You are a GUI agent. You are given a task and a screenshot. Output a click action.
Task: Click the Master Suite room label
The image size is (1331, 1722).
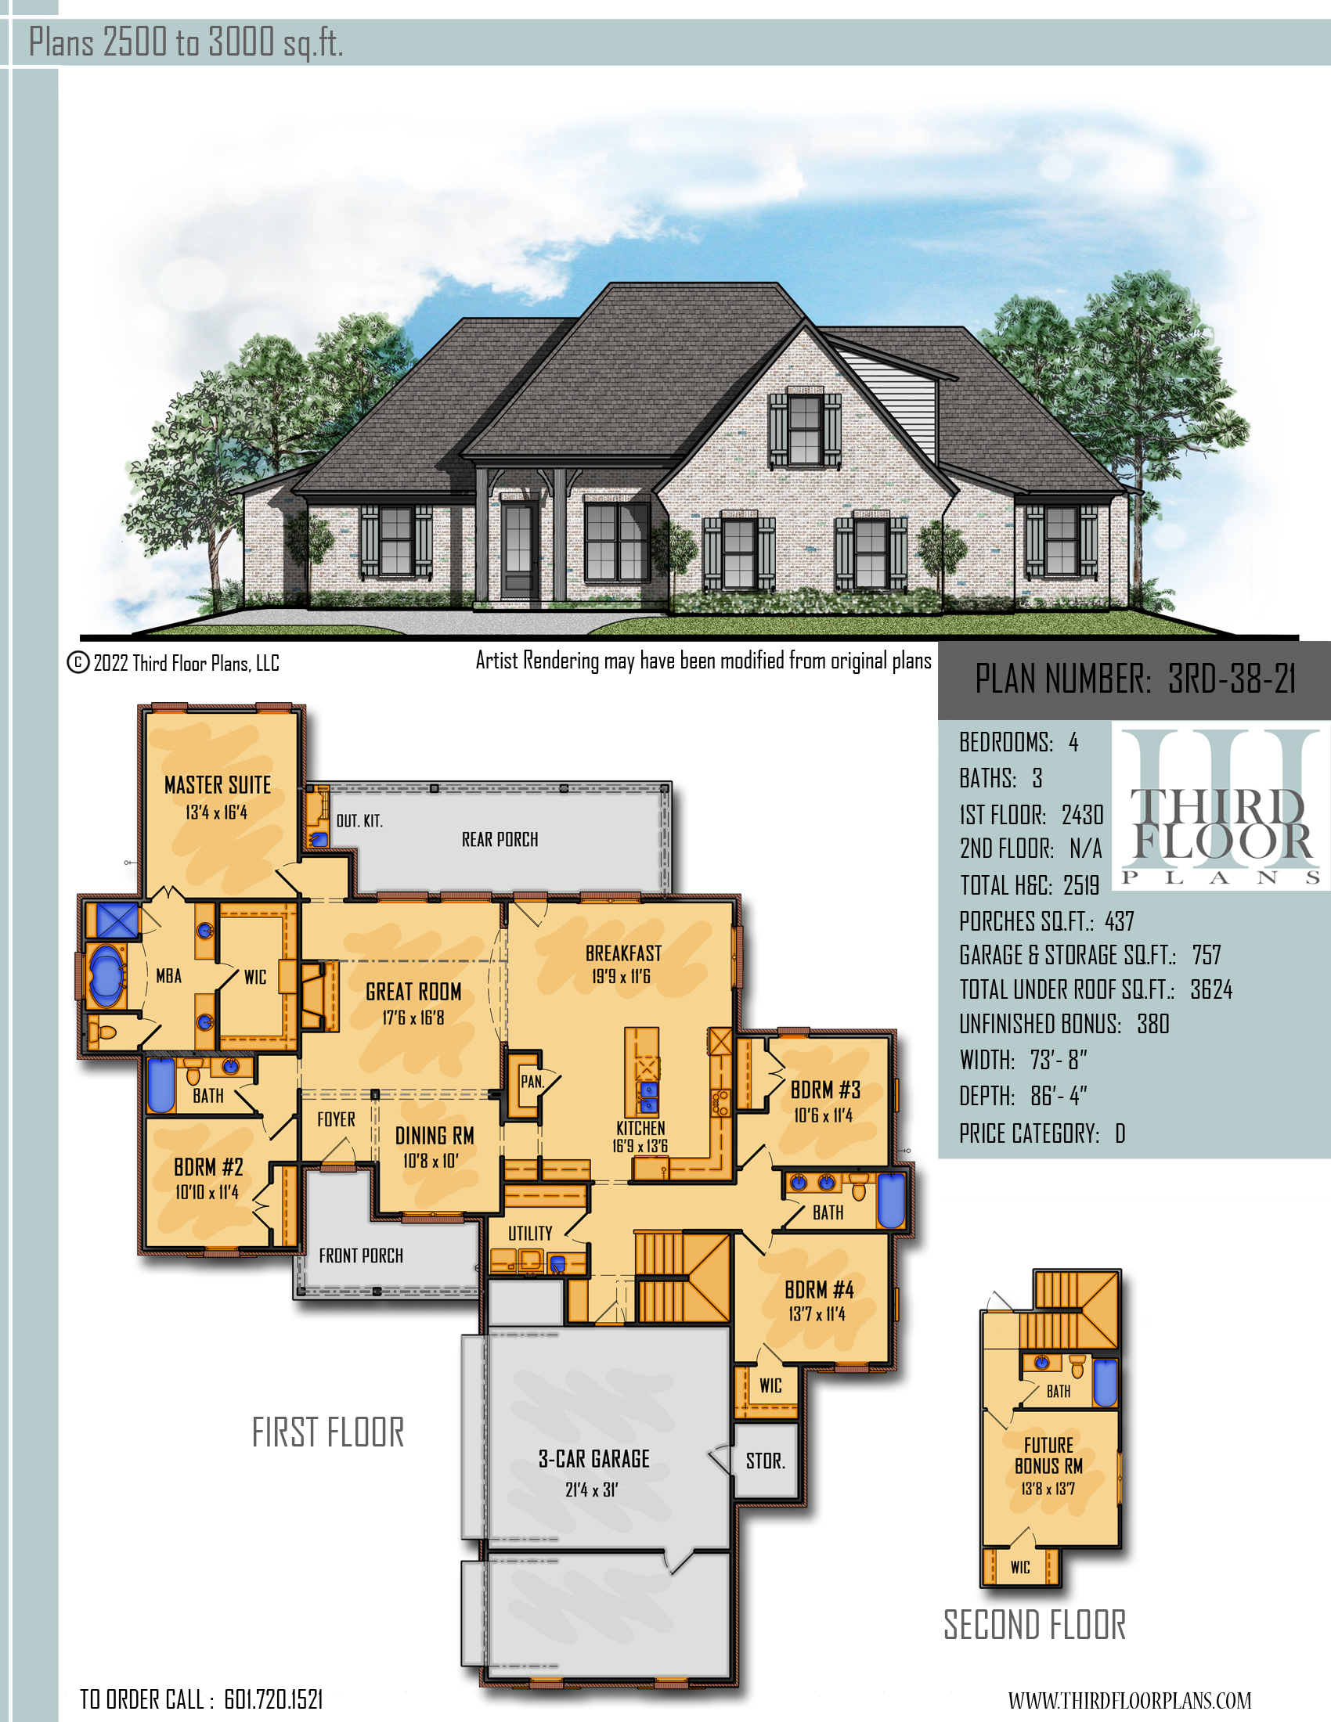point(218,784)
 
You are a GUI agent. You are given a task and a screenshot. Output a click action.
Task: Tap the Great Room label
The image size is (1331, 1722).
point(413,991)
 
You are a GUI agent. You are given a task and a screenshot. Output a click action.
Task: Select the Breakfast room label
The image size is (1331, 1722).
point(623,953)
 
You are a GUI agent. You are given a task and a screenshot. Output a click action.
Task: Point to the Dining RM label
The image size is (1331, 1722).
point(435,1136)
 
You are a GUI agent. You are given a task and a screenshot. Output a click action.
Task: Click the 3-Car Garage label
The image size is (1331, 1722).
point(593,1459)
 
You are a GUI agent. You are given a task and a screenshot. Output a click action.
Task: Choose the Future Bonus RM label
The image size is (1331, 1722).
point(1048,1456)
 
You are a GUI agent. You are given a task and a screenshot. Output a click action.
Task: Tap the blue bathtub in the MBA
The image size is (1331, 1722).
point(106,976)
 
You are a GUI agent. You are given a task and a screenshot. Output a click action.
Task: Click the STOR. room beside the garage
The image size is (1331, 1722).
point(766,1461)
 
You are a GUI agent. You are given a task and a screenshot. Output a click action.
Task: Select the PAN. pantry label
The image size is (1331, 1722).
point(532,1081)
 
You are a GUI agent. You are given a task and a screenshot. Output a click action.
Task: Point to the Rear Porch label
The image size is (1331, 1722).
point(500,839)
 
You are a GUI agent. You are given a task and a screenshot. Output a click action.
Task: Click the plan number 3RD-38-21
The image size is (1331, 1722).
point(1232,679)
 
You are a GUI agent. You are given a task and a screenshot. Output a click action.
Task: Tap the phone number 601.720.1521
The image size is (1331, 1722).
point(273,1699)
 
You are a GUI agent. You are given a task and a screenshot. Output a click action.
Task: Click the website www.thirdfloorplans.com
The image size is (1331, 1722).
point(1130,1700)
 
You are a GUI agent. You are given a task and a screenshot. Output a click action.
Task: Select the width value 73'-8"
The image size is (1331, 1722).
point(1059,1060)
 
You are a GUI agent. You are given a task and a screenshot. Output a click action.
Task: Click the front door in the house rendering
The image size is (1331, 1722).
point(518,549)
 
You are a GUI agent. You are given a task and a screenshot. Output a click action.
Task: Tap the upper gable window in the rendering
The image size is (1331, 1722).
point(805,430)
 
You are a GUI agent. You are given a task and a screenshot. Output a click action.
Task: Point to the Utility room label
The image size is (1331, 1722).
point(530,1233)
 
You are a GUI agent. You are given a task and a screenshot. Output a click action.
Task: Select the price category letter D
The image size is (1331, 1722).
point(1120,1134)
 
